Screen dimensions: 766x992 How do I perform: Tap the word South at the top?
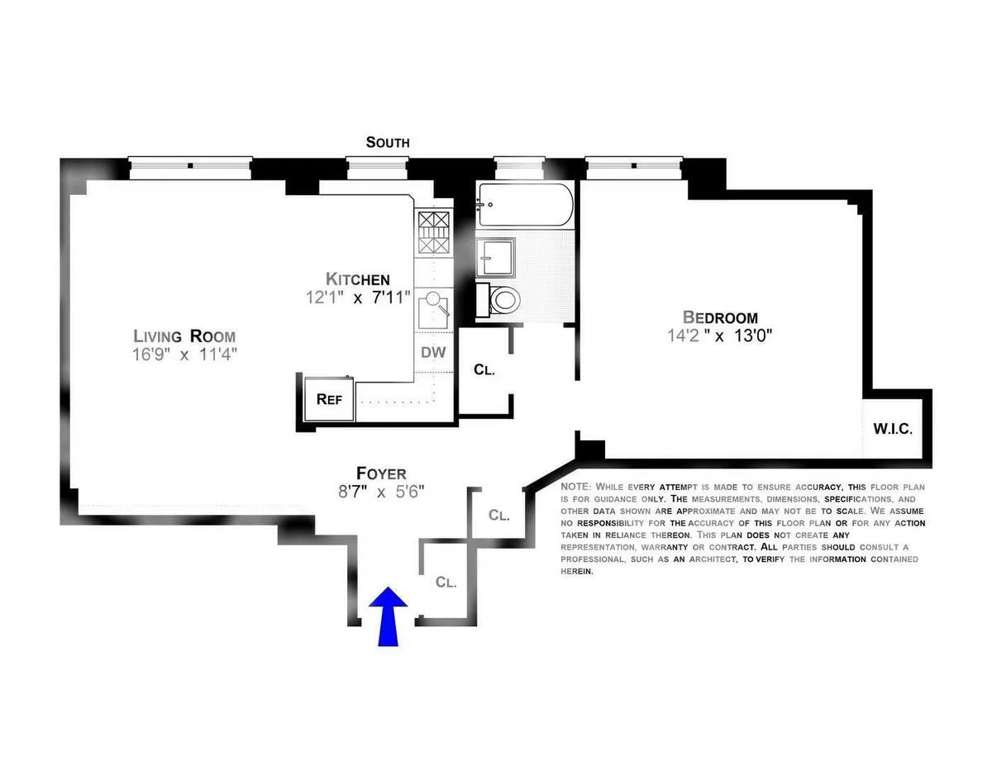click(x=388, y=142)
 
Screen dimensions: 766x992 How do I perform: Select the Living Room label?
click(x=185, y=335)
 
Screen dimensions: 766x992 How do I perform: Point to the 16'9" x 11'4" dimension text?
click(x=185, y=354)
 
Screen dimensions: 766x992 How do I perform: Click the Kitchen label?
click(x=357, y=278)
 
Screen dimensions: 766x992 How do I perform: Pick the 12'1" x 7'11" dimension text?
click(x=357, y=297)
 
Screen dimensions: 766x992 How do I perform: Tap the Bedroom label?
click(x=719, y=316)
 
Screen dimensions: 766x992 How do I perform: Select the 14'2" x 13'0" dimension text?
click(x=719, y=335)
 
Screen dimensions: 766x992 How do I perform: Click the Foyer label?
click(x=381, y=473)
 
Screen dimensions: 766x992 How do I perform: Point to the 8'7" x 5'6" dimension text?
click(x=381, y=492)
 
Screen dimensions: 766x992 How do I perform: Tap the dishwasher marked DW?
click(x=433, y=352)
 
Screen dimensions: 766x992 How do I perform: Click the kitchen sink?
click(x=432, y=309)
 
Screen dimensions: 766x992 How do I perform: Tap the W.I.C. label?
click(x=893, y=429)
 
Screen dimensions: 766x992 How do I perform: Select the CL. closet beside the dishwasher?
click(x=484, y=369)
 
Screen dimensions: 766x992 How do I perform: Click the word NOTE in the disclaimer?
click(x=575, y=488)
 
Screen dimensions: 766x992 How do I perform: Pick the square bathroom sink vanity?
click(x=495, y=257)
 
